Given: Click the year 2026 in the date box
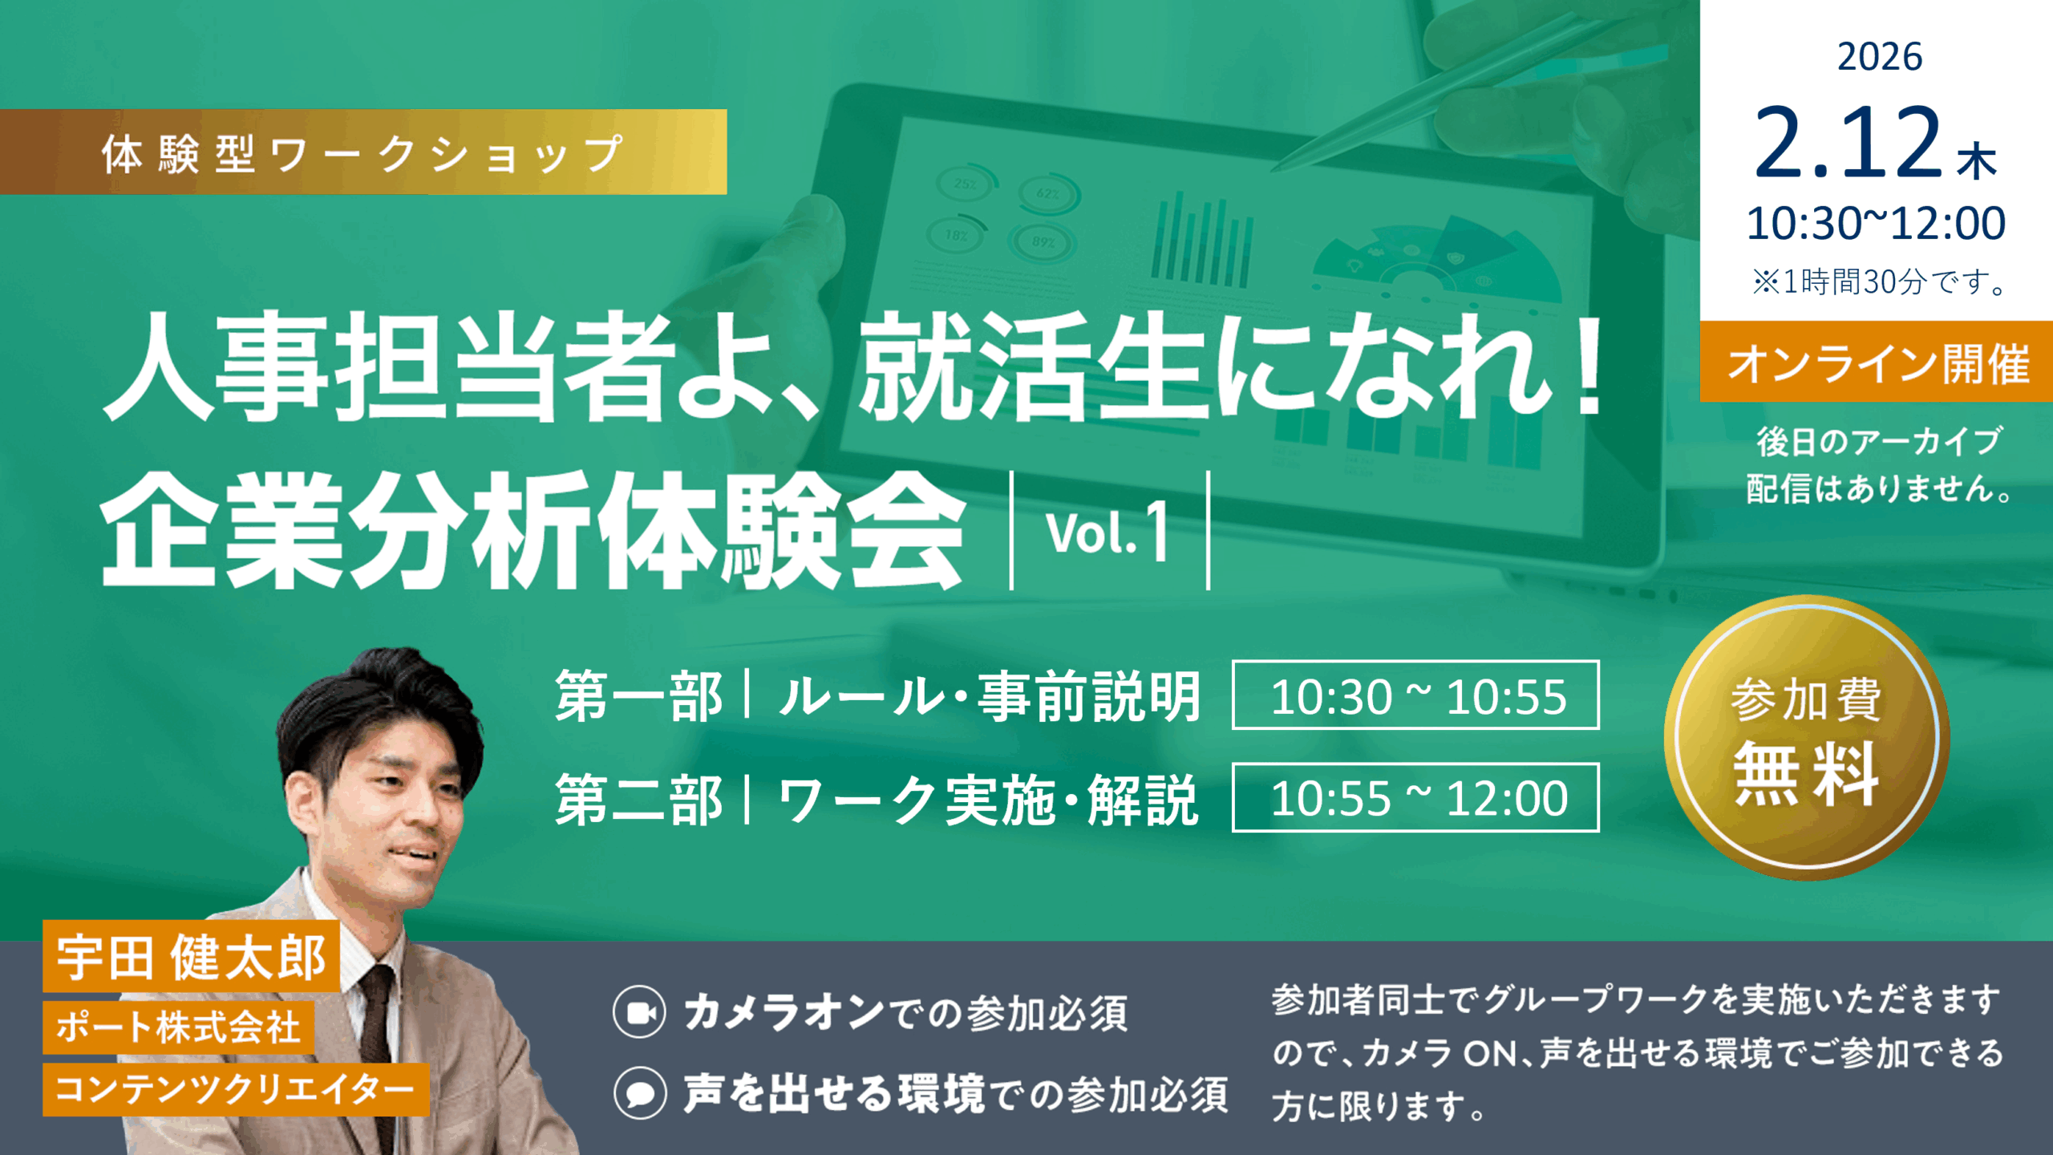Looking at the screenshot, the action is point(1879,57).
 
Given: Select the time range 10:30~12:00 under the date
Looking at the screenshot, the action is point(1876,223).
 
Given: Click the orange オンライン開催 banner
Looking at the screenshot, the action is point(1877,362).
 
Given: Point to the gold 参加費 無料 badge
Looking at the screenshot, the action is point(1806,737).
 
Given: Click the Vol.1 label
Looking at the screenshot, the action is point(1107,531).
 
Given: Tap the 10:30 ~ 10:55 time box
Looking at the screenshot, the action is point(1415,695).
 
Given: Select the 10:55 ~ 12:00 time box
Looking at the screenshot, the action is point(1415,797).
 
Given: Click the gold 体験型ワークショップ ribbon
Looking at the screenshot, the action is point(363,152).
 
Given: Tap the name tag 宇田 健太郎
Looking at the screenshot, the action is point(192,956).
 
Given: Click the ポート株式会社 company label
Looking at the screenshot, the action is point(178,1027).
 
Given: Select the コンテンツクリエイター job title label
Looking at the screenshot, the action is point(236,1089).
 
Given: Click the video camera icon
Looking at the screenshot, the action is point(639,1012).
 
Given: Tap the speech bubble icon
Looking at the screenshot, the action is point(640,1093).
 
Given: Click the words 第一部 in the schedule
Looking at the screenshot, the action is point(639,696).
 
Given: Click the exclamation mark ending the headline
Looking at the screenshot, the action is point(1589,365).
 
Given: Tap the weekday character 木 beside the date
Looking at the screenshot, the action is point(1977,161).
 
